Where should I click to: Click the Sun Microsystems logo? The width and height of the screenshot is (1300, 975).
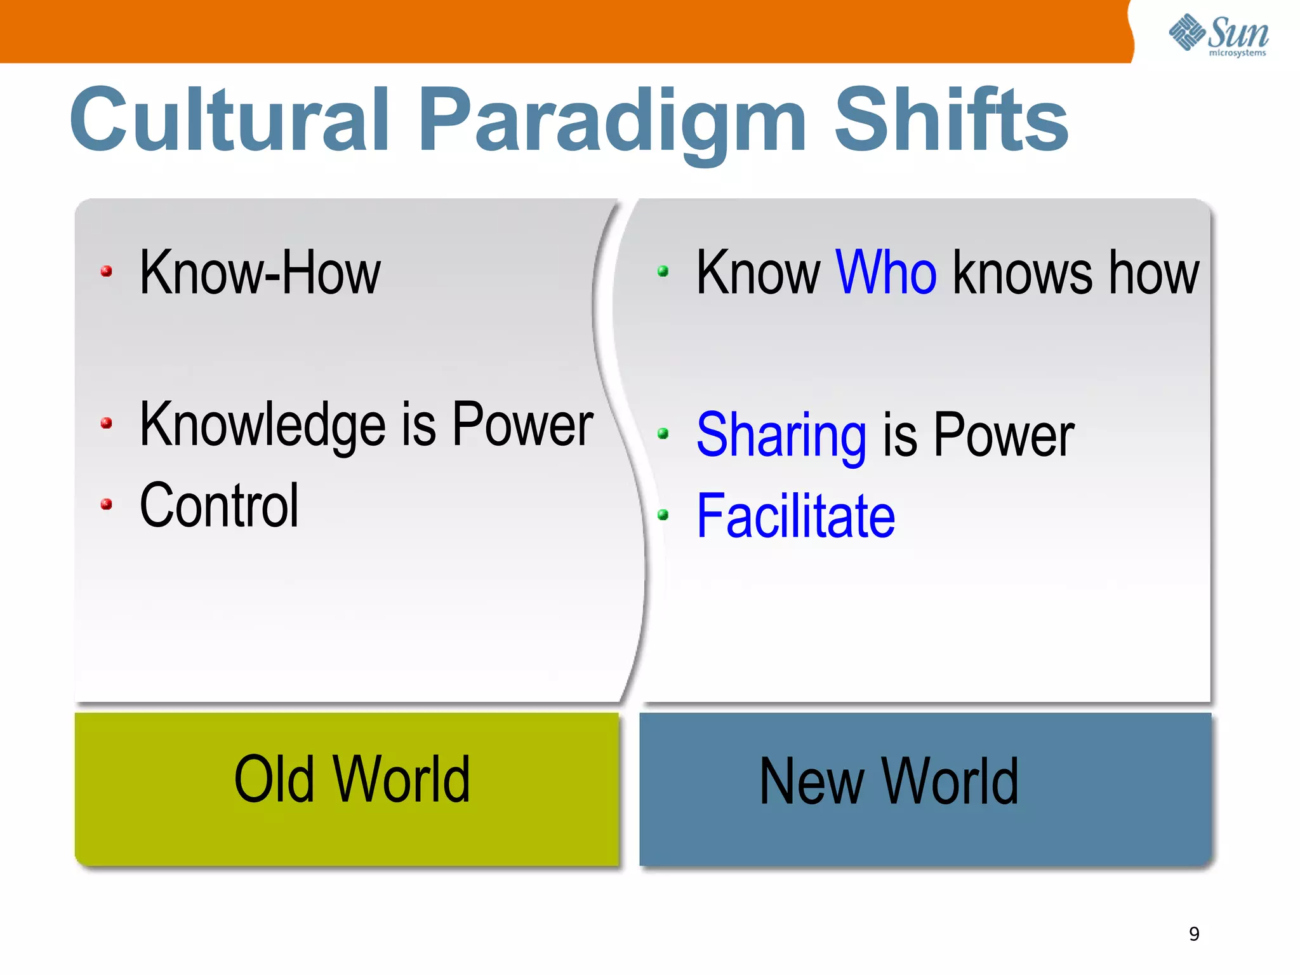pyautogui.click(x=1219, y=35)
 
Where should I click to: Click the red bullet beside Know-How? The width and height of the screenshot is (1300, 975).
pyautogui.click(x=107, y=272)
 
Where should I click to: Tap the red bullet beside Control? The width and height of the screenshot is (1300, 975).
pyautogui.click(x=107, y=505)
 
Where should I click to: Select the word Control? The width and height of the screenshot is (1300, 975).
pyautogui.click(x=219, y=506)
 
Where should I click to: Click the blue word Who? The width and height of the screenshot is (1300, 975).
pyautogui.click(x=885, y=273)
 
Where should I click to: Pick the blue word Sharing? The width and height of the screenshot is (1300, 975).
pyautogui.click(x=781, y=436)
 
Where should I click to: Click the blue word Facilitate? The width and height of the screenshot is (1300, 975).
pyautogui.click(x=795, y=516)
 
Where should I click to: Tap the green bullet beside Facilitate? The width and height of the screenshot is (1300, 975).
pyautogui.click(x=663, y=515)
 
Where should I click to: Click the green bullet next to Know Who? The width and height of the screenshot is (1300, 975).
pyautogui.click(x=663, y=272)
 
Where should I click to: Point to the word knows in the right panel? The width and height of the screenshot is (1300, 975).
pyautogui.click(x=1022, y=273)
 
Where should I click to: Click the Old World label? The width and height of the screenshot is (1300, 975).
pyautogui.click(x=352, y=780)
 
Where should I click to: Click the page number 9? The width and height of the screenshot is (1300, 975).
pyautogui.click(x=1194, y=934)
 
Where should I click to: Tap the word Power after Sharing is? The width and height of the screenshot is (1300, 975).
pyautogui.click(x=1004, y=436)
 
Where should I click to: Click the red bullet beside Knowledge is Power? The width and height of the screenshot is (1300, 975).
pyautogui.click(x=107, y=424)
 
